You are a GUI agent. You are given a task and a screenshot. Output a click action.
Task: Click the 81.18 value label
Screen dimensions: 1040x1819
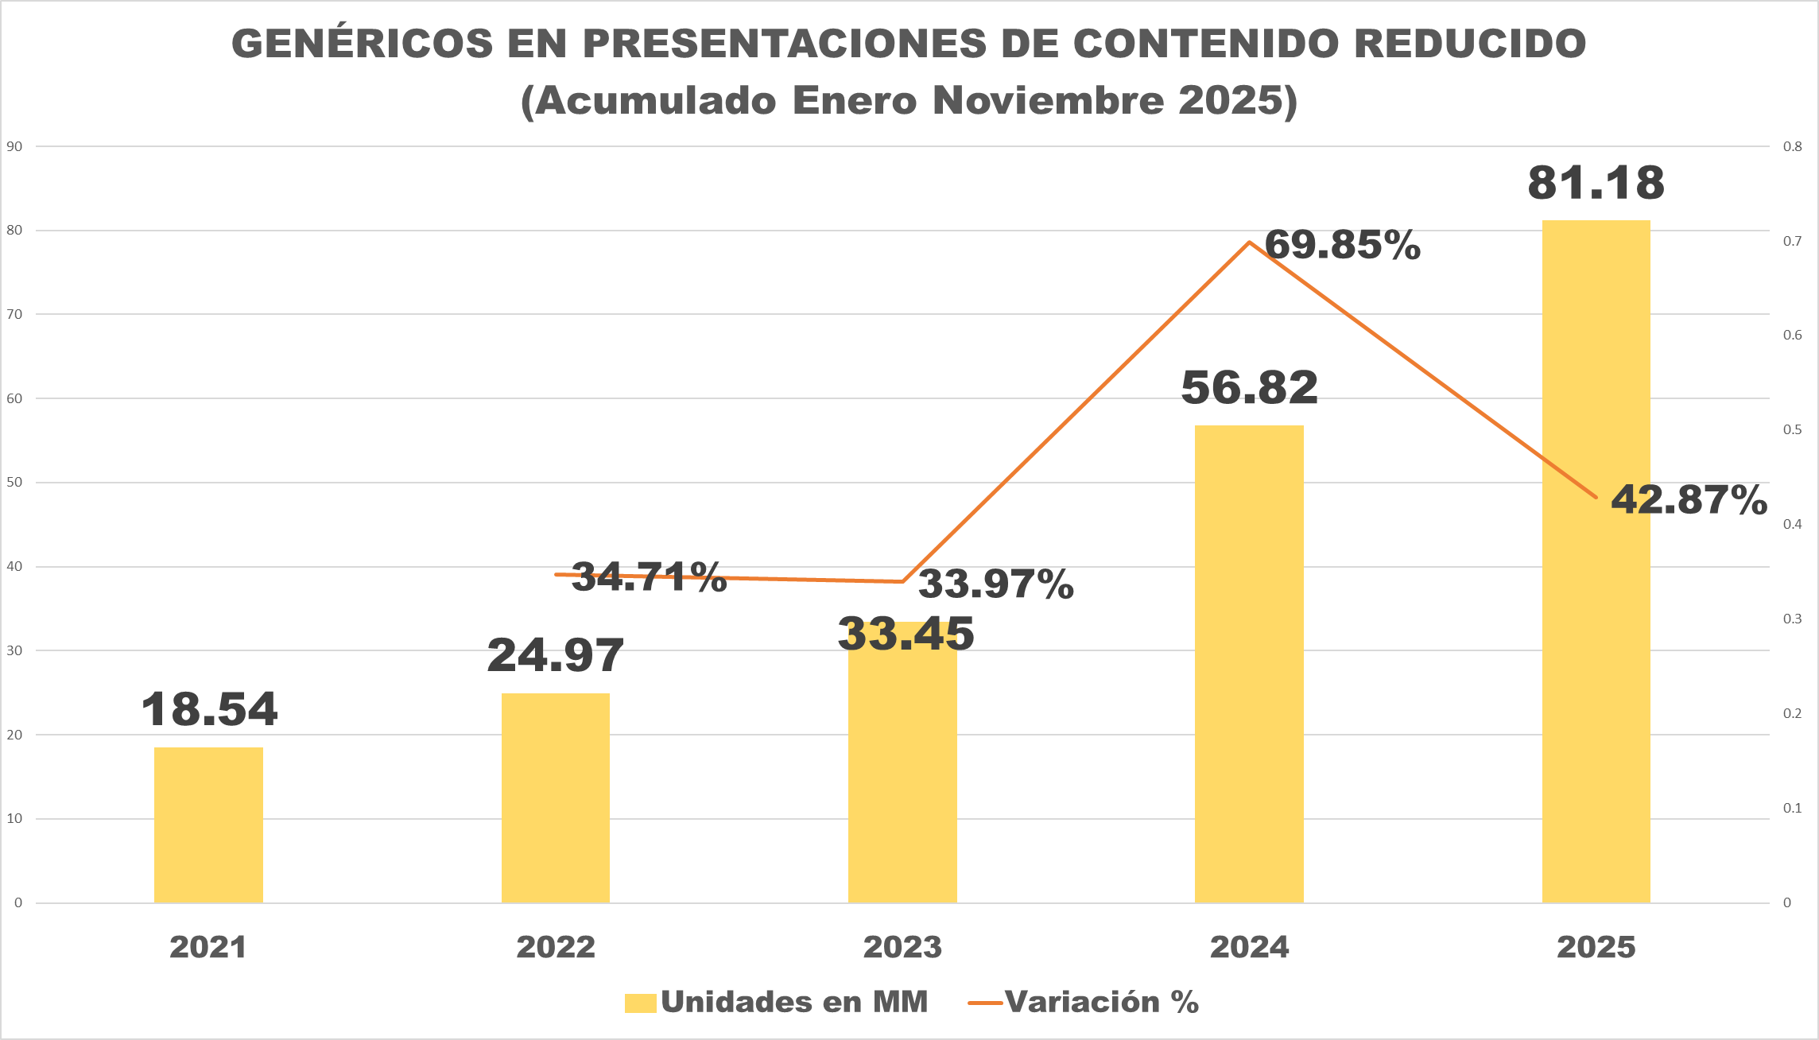pos(1596,183)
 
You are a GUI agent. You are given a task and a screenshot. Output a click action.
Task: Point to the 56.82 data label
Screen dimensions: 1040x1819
pos(1249,388)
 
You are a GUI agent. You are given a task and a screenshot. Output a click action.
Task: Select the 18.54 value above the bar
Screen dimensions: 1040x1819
pos(209,709)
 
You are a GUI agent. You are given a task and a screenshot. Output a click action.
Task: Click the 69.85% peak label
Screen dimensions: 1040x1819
pos(1342,245)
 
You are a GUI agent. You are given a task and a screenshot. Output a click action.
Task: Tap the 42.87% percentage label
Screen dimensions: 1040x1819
pos(1689,500)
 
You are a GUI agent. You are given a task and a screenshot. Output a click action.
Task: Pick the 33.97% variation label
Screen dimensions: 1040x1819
pos(995,584)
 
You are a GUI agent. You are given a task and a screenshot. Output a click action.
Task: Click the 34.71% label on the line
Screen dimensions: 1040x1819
pos(649,577)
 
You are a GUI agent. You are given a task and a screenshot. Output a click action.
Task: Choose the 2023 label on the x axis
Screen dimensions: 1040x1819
pos(902,947)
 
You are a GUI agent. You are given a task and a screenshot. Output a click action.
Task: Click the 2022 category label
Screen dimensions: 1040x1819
pos(556,947)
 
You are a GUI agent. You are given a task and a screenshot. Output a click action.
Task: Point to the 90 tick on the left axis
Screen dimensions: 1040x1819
pos(14,146)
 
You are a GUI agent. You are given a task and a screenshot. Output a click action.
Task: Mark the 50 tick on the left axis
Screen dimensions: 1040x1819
pos(14,483)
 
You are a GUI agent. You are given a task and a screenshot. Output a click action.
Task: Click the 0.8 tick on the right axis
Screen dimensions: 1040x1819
pos(1792,146)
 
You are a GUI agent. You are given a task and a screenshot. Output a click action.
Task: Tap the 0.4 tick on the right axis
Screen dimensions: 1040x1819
pos(1792,524)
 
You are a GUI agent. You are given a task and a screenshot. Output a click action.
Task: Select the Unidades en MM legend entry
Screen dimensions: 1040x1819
pos(777,1002)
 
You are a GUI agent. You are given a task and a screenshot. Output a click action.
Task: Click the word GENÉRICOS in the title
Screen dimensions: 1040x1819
pos(363,44)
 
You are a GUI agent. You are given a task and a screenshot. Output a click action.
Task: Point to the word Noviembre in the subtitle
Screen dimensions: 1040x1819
pos(1048,101)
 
